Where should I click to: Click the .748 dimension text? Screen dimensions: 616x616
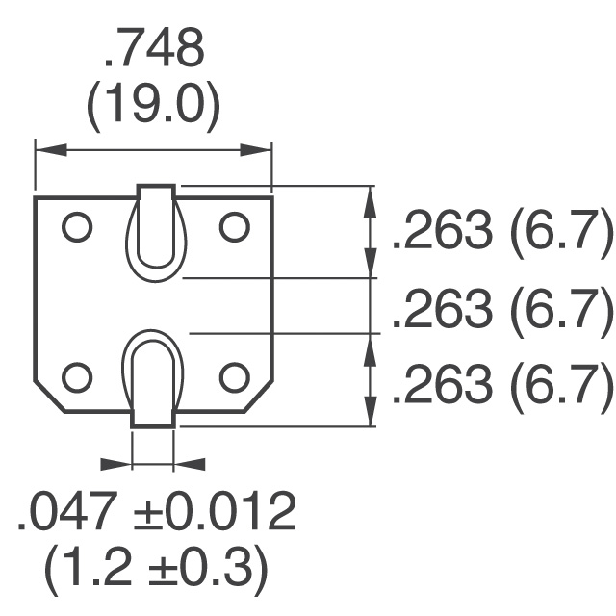click(154, 47)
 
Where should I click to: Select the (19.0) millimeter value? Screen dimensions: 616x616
click(153, 107)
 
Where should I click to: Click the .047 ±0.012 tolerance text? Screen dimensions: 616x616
click(156, 510)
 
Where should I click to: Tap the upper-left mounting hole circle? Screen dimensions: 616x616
click(77, 227)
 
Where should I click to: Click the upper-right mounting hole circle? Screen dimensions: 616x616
click(235, 227)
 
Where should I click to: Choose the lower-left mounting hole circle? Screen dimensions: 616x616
click(77, 377)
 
